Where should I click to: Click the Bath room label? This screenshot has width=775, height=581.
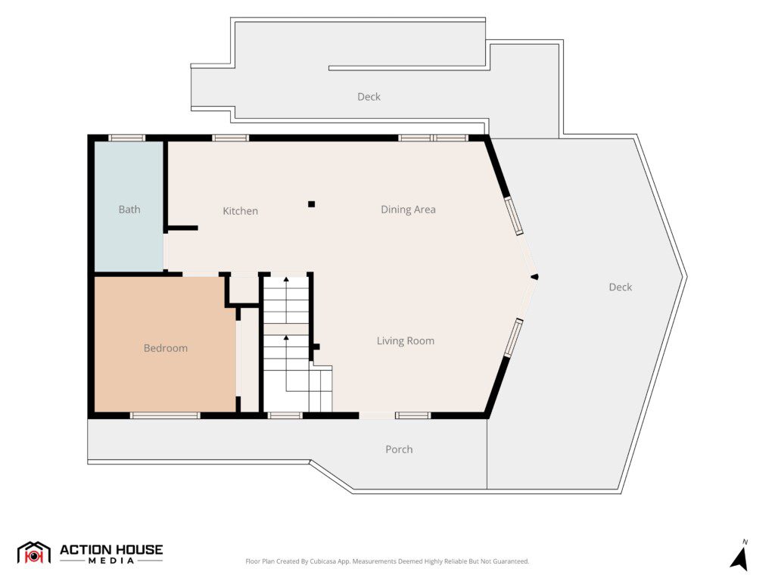(129, 210)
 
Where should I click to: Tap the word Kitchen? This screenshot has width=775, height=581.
(240, 211)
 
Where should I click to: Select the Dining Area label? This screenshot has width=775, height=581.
(408, 210)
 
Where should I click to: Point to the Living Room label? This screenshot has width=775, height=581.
(406, 341)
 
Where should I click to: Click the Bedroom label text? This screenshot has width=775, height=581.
(166, 348)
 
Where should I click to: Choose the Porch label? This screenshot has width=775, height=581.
(399, 449)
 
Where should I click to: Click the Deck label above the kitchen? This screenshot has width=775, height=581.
(369, 97)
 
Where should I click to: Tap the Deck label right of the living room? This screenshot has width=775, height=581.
(621, 287)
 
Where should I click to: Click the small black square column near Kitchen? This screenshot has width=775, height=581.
(311, 204)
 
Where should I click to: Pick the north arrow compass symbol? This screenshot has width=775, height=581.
(740, 557)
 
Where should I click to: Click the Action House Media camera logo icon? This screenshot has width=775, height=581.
(33, 553)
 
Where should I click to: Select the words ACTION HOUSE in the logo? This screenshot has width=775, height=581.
(111, 549)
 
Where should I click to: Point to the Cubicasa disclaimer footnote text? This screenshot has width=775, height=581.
(387, 561)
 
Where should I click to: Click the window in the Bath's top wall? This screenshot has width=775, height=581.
(127, 138)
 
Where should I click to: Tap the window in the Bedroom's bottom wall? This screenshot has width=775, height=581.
(165, 415)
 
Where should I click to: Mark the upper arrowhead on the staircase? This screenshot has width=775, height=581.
(286, 280)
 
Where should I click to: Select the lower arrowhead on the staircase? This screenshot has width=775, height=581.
(286, 338)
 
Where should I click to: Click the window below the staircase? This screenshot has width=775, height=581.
(285, 415)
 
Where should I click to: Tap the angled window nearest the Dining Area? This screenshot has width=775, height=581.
(513, 216)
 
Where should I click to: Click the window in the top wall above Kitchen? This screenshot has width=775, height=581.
(231, 138)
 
